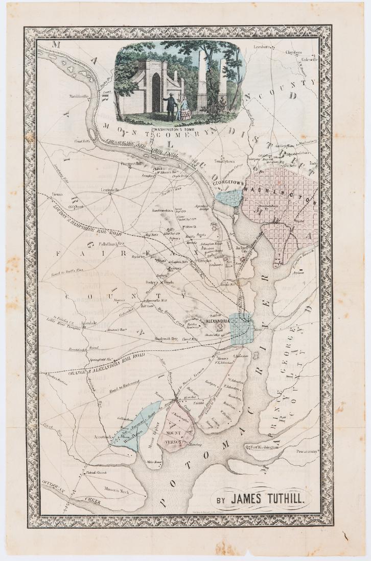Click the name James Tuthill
pyautogui.click(x=266, y=497)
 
